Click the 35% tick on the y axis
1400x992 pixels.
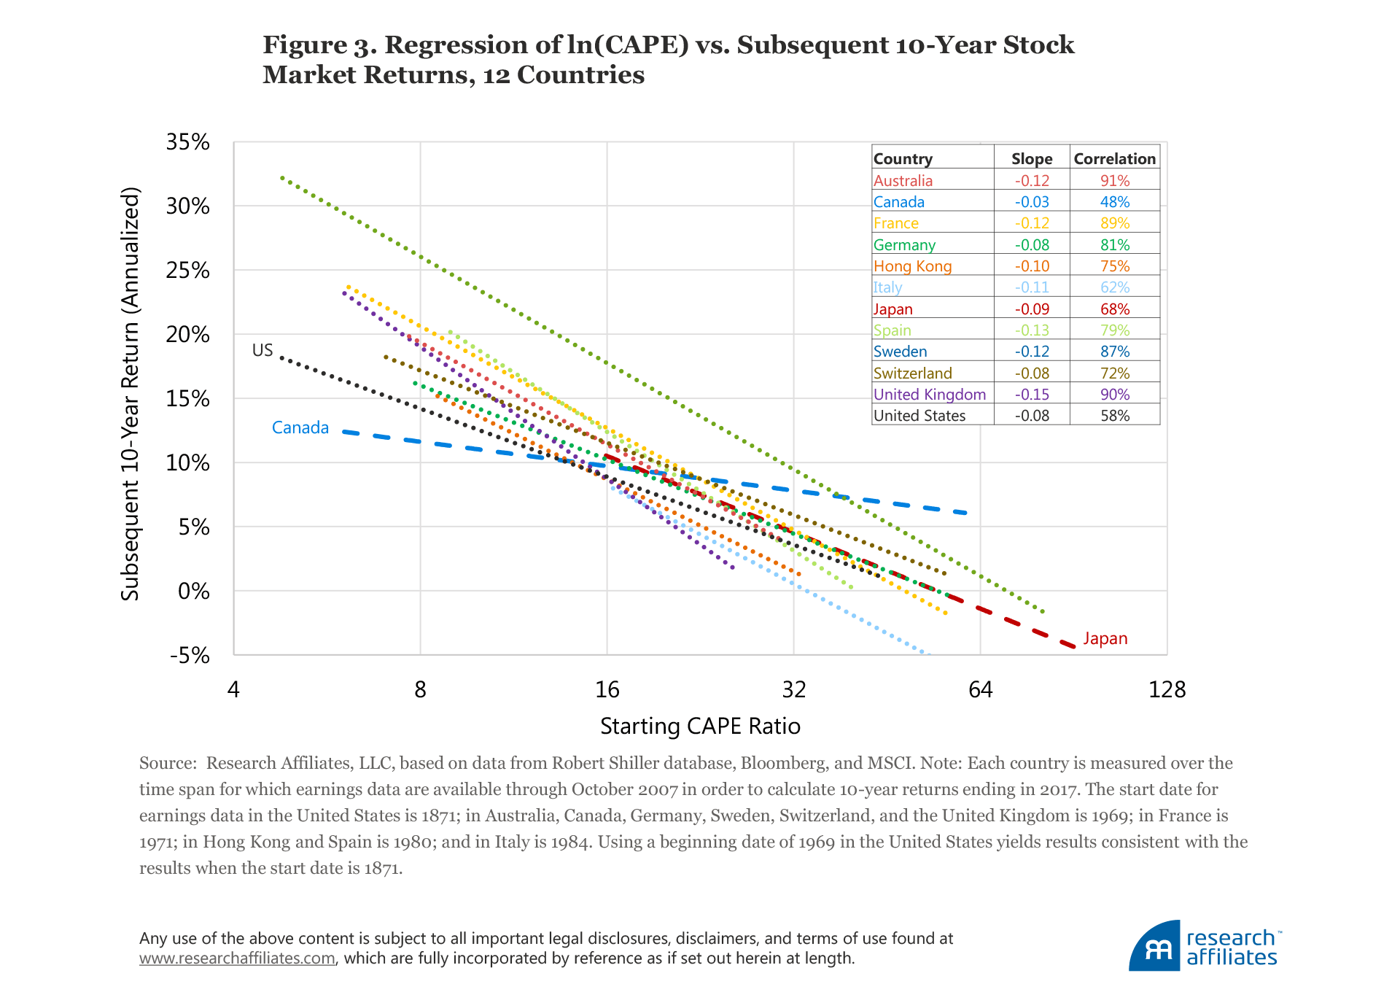tap(187, 142)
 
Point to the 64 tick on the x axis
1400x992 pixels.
tap(980, 689)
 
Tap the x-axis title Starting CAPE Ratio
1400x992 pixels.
tap(700, 726)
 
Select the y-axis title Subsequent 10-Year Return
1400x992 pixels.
tap(130, 394)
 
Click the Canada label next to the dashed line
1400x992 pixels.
tap(300, 427)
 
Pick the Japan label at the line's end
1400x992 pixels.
tap(1105, 639)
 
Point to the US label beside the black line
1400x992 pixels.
tap(262, 350)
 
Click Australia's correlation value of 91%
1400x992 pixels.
tap(1114, 181)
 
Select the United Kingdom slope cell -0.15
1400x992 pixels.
tap(1032, 395)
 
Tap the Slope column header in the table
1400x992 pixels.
tap(1032, 159)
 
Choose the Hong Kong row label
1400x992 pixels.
tap(912, 266)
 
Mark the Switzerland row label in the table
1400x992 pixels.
tap(912, 373)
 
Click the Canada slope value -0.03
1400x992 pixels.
tap(1032, 202)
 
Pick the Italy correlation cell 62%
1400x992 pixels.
tap(1114, 287)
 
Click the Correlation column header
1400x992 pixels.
tap(1114, 159)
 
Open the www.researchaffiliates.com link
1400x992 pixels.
tap(237, 958)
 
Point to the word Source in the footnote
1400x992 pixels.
tap(166, 764)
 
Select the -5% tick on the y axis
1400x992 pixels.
tap(189, 655)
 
